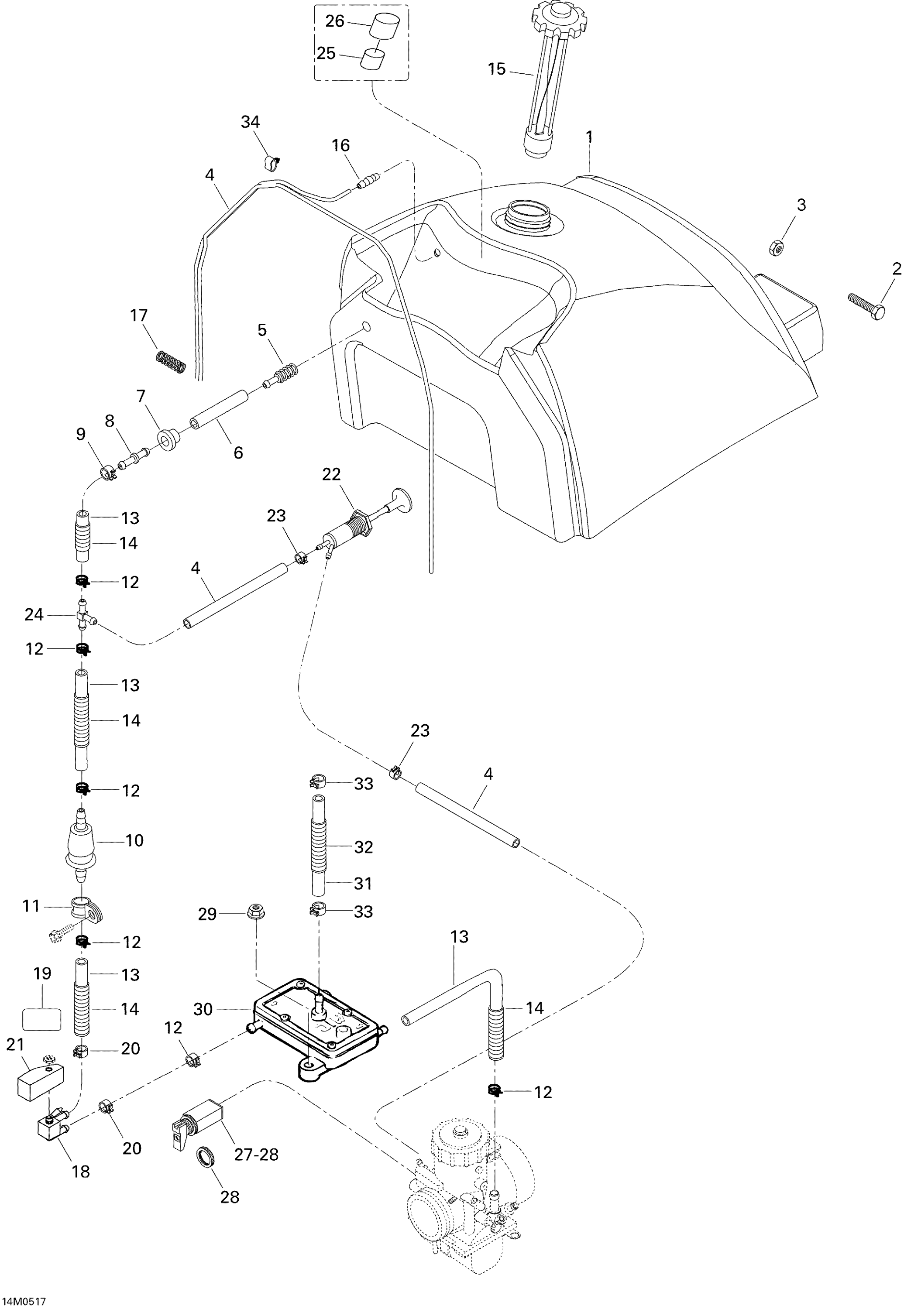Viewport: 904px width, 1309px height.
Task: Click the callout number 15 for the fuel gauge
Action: [496, 69]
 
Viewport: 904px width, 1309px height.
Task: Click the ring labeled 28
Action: [207, 1157]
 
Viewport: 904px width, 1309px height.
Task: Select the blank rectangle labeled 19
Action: [41, 1018]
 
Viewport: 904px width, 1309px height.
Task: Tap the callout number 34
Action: [251, 122]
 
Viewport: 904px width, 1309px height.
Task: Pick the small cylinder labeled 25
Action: [373, 59]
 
